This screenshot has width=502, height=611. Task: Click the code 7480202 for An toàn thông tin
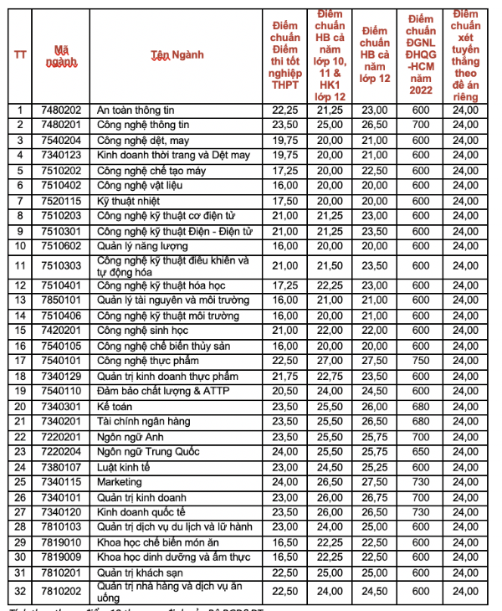(61, 110)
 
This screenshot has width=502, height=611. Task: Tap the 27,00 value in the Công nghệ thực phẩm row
(330, 361)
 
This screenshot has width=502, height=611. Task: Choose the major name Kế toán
(115, 406)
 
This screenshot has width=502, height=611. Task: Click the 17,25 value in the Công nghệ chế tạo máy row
(285, 171)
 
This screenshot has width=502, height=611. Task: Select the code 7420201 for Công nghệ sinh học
(61, 331)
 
